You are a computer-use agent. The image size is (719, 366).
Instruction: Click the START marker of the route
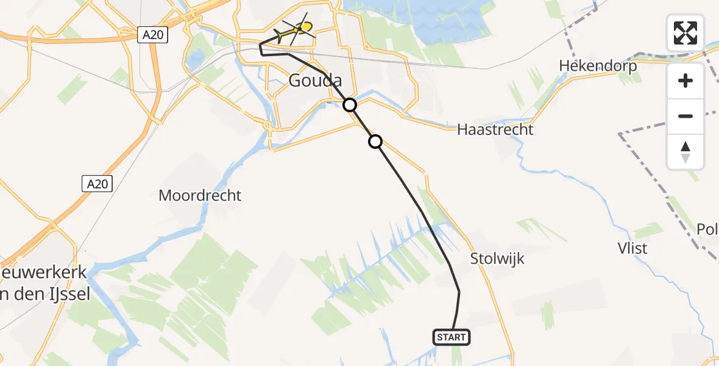[x=452, y=337]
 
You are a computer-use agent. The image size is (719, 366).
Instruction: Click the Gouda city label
[x=314, y=81]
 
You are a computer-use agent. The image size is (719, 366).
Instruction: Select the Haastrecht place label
[x=495, y=129]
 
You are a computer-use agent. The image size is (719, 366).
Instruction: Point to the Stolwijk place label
[x=497, y=259]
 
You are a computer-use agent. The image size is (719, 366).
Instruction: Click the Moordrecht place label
[x=200, y=196]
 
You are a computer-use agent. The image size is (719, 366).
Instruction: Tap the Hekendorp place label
[x=598, y=66]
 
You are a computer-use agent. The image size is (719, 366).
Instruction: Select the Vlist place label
[x=632, y=249]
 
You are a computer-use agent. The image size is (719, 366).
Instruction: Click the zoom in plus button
[x=685, y=81]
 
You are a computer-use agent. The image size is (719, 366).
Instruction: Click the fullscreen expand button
[x=685, y=33]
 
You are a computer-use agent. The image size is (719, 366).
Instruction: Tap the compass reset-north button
[x=685, y=151]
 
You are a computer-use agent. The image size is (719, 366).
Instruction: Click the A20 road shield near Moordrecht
[x=97, y=182]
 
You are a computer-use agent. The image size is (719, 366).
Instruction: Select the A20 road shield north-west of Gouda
[x=152, y=35]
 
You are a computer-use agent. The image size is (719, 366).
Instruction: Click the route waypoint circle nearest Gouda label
[x=350, y=105]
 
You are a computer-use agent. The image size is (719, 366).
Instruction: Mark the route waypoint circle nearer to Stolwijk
[x=375, y=142]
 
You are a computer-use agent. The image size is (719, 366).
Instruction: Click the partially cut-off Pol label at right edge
[x=708, y=229]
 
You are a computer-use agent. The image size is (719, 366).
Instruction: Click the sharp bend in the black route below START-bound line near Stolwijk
[x=459, y=292]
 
